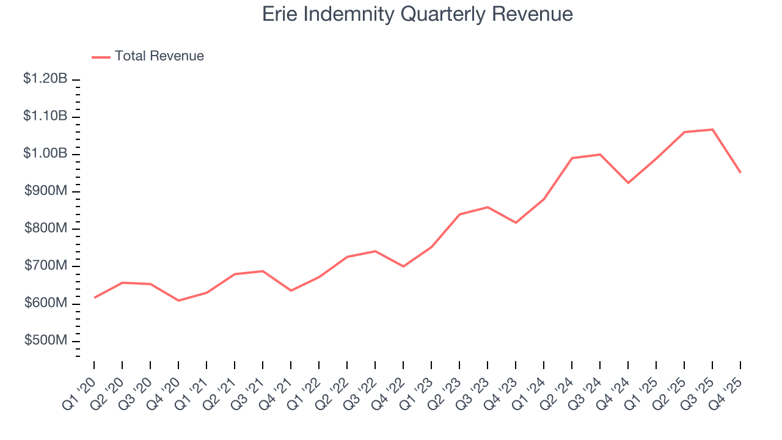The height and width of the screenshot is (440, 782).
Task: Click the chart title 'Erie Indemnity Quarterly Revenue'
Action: tap(417, 14)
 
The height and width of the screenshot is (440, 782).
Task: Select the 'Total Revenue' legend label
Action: tap(159, 56)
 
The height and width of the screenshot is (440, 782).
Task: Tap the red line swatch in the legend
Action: tap(101, 57)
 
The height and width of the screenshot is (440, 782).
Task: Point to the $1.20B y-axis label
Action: tap(45, 79)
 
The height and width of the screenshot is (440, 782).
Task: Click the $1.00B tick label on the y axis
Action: tap(45, 154)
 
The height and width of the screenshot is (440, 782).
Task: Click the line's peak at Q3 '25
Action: tap(712, 130)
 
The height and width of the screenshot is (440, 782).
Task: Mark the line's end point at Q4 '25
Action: tap(740, 172)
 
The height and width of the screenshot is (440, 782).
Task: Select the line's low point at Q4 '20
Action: tap(178, 301)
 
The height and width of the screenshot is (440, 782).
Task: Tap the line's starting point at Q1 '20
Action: tap(94, 298)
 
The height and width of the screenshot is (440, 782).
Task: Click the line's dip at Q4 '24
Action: tap(628, 183)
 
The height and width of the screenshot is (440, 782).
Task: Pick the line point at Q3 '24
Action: tap(600, 155)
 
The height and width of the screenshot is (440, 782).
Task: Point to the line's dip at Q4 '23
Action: tap(516, 222)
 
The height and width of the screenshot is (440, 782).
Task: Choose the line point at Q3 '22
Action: tap(375, 251)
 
